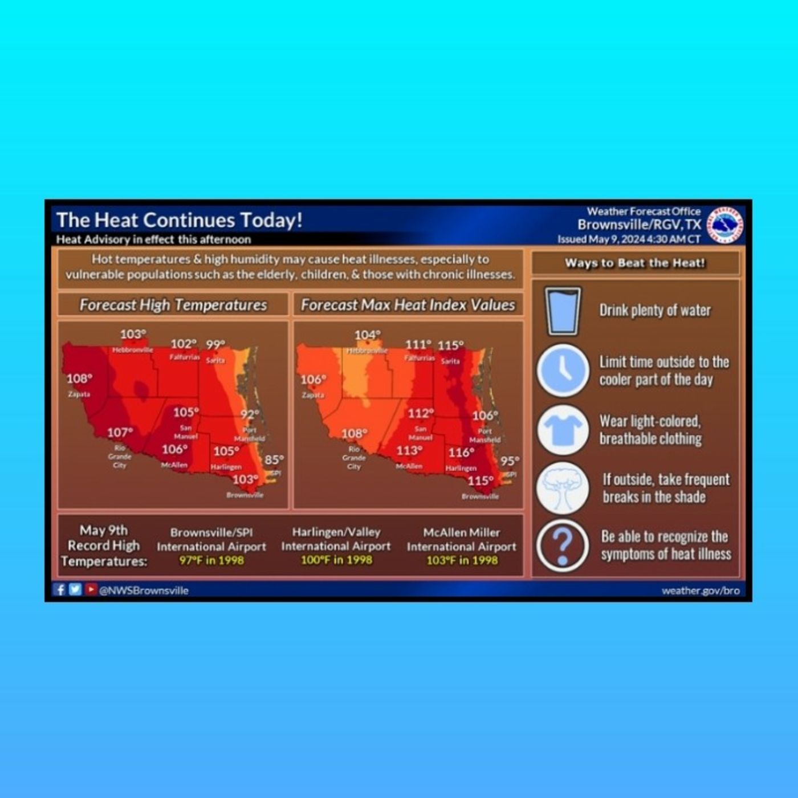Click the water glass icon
[563, 311]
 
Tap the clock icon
[563, 370]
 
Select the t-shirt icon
[563, 430]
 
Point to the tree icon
[563, 488]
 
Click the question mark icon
[563, 545]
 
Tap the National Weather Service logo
[725, 225]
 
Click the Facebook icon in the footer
[59, 589]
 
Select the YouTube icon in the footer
[91, 589]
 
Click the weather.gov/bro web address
[701, 591]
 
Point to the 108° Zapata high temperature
[79, 378]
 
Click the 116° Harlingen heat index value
[461, 453]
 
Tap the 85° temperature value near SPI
[274, 459]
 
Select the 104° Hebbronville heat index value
[368, 335]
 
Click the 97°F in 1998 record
[211, 560]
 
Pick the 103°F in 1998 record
[462, 560]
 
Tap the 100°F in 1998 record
[336, 560]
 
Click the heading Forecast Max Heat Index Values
[408, 305]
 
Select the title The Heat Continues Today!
[179, 220]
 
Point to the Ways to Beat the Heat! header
[635, 263]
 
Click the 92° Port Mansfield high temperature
[250, 414]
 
